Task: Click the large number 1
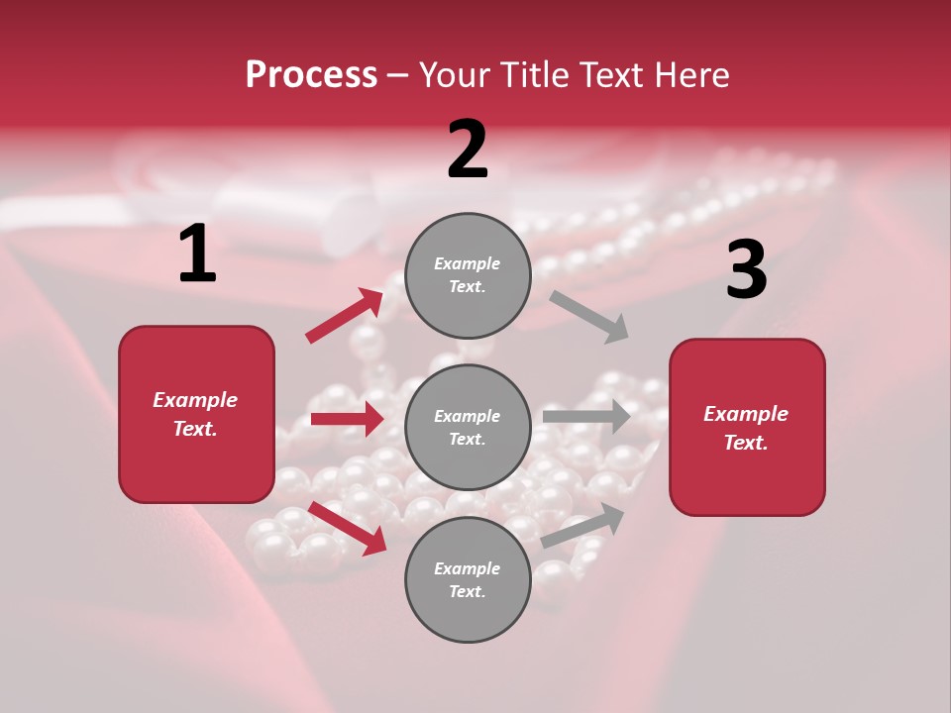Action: (197, 255)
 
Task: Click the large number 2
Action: (468, 150)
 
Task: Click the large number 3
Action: (746, 270)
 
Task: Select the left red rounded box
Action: (196, 414)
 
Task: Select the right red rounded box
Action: (747, 427)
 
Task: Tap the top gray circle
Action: (468, 275)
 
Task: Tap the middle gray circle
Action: (468, 427)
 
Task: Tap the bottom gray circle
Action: (468, 579)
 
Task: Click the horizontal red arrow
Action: (347, 419)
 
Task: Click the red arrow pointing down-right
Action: (347, 528)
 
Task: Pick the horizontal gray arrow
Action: (586, 416)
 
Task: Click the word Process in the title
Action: (311, 74)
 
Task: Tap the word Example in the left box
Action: (195, 400)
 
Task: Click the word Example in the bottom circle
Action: (467, 568)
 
